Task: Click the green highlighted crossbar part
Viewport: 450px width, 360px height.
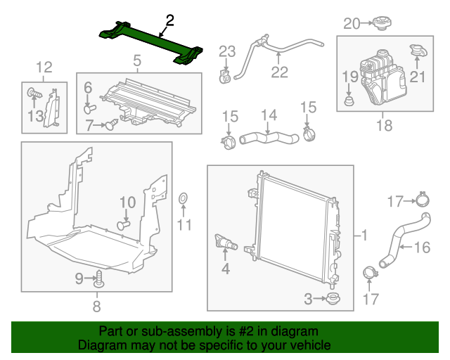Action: coord(151,43)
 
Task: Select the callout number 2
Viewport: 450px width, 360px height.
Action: coord(169,20)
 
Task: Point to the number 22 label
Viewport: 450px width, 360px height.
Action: coord(279,71)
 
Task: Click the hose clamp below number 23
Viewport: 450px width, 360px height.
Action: coord(225,75)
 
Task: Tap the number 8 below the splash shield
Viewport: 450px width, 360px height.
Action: coord(97,306)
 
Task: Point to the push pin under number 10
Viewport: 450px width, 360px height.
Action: coord(125,225)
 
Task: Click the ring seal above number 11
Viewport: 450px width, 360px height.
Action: coord(183,200)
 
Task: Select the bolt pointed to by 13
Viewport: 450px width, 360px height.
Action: coord(32,91)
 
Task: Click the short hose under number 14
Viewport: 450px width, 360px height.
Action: coord(269,133)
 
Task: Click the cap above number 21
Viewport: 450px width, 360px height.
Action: coord(418,52)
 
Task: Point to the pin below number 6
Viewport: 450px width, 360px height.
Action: coord(89,108)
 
